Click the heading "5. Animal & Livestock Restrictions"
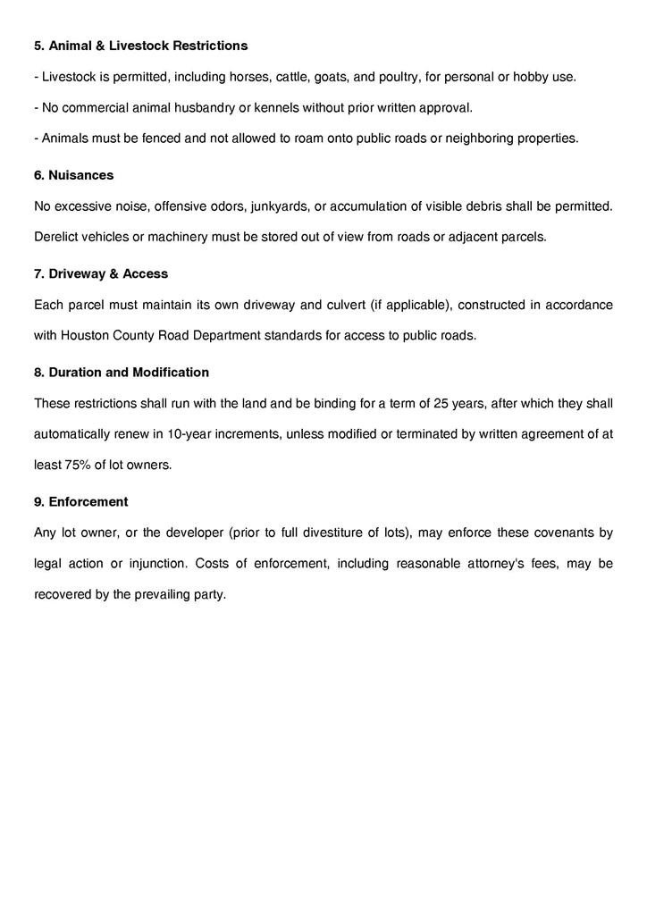coord(141,46)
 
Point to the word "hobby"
coord(531,77)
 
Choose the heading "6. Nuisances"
coord(74,175)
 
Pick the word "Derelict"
coord(59,238)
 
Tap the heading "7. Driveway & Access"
coord(101,273)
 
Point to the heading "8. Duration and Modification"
coord(122,372)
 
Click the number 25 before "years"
coord(441,403)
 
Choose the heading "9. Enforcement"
coord(81,501)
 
